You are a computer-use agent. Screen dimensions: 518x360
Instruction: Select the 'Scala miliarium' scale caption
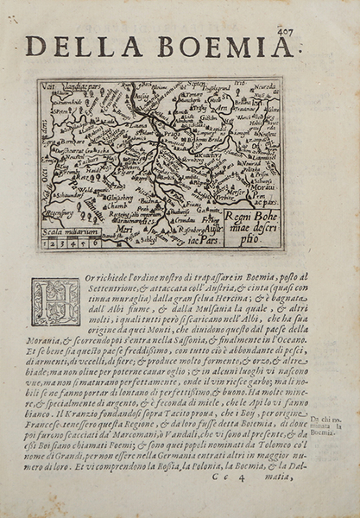point(67,229)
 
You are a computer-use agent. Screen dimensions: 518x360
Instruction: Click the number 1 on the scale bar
point(47,243)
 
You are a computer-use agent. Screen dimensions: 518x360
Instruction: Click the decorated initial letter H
point(55,301)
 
